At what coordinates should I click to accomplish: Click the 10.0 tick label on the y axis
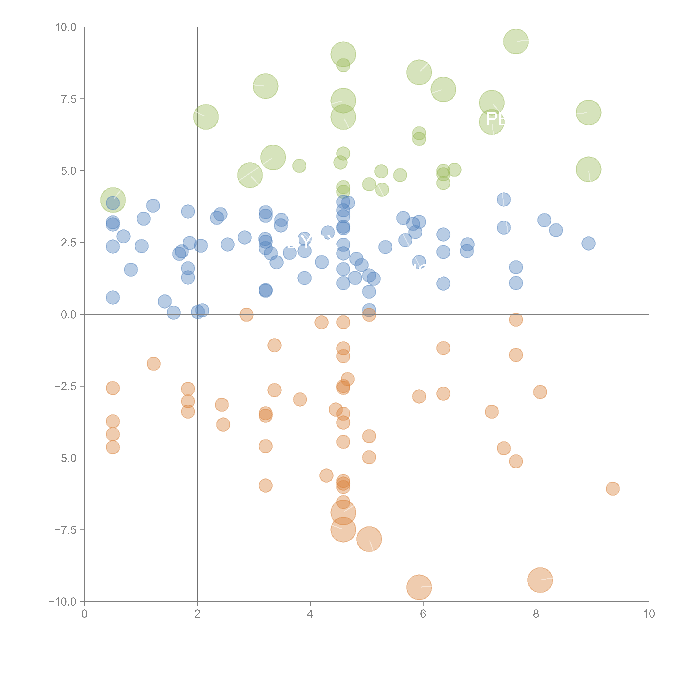tap(66, 27)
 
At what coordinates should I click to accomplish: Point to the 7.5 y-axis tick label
tap(69, 99)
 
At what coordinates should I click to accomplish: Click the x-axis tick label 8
tap(536, 614)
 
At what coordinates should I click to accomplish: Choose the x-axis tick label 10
tap(649, 614)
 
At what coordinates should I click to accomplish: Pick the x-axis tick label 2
tap(197, 614)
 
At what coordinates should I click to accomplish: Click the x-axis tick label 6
tap(423, 614)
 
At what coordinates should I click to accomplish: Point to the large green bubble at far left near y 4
tap(113, 200)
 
